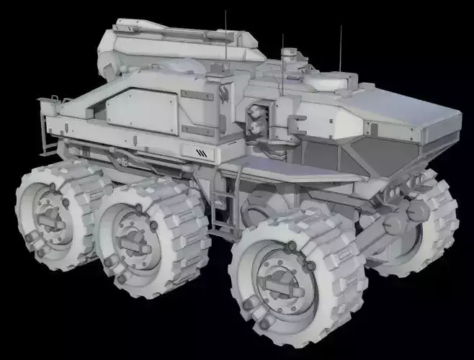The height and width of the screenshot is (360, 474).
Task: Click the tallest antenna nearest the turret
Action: (x=226, y=36)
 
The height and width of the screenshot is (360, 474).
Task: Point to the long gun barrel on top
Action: (x=180, y=32)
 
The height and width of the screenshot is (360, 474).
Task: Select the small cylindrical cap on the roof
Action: (x=289, y=53)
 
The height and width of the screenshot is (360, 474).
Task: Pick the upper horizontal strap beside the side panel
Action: (x=197, y=94)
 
